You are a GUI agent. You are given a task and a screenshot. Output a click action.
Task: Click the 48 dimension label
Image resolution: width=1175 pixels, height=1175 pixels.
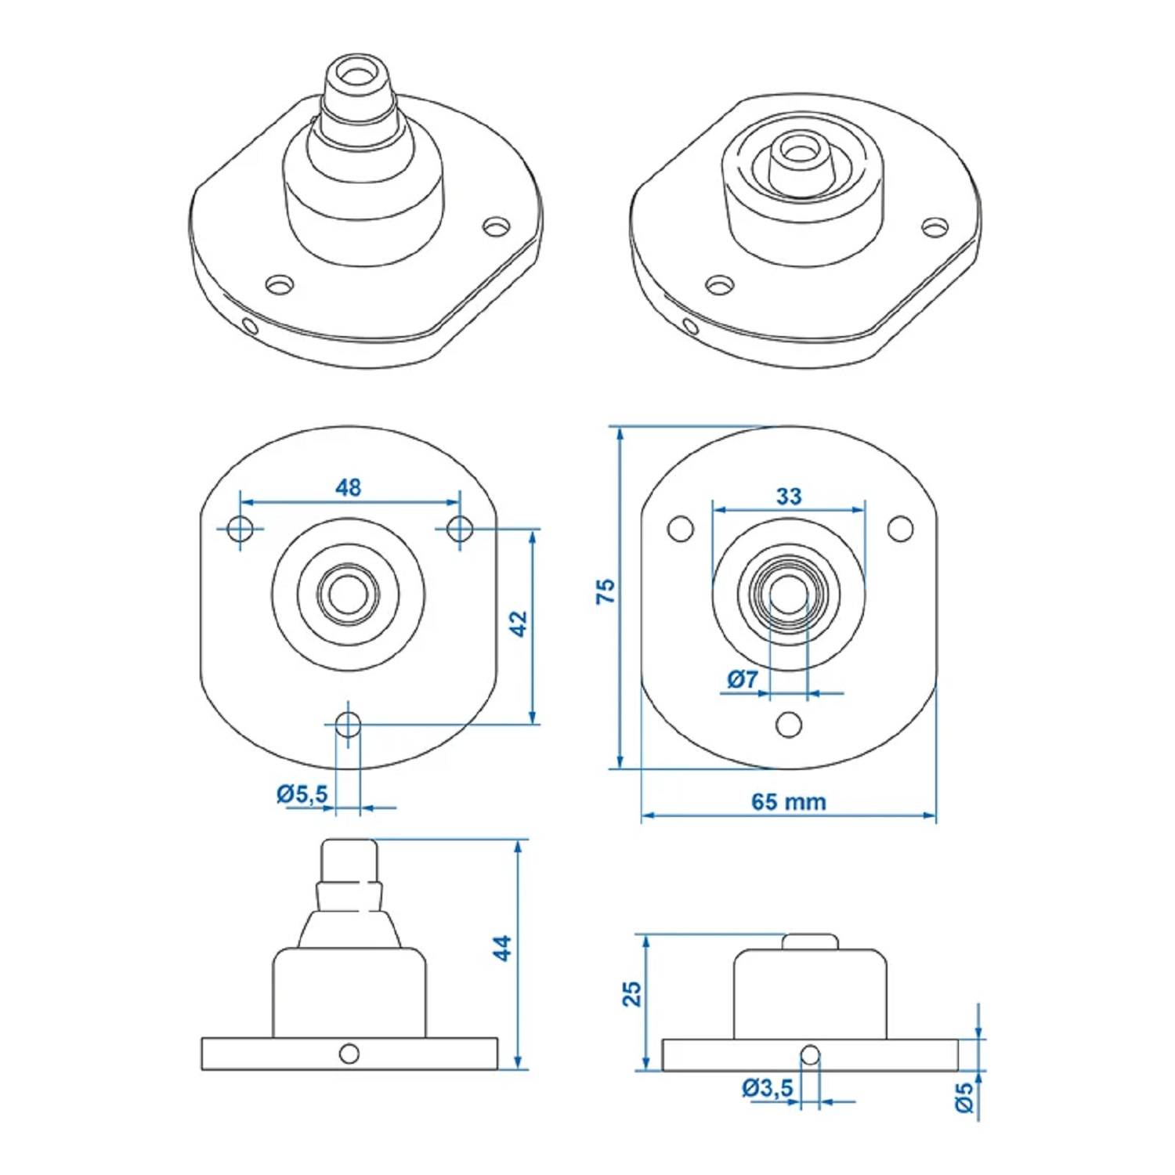[349, 487]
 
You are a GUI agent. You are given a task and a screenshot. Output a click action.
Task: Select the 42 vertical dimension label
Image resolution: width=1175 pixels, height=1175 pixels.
[518, 624]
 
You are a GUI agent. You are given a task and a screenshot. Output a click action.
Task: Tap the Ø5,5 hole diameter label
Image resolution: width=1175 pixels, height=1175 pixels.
[302, 794]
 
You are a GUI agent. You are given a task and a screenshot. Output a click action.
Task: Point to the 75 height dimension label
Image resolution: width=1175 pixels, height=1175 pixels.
[606, 591]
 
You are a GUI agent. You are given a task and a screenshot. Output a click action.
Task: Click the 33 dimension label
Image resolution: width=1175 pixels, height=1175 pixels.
[789, 496]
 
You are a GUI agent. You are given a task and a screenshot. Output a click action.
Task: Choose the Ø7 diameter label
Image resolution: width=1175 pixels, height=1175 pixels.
[742, 679]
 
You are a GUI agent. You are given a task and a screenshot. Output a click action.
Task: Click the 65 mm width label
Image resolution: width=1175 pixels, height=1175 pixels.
[788, 801]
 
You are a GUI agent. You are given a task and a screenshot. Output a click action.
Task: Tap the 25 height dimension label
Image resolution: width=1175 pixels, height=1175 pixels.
[631, 994]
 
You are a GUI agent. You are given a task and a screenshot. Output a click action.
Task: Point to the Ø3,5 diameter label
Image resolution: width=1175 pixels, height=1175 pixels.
[768, 1087]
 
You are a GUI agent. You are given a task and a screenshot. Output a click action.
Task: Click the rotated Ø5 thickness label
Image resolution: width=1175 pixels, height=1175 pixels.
[965, 1097]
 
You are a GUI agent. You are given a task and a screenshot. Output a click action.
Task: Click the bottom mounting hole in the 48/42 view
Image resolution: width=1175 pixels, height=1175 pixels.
[348, 725]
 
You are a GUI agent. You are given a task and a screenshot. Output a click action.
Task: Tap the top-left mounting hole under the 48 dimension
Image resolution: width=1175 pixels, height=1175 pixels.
[240, 529]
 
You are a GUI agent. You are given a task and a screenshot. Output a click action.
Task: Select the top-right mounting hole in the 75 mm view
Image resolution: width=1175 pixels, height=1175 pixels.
[900, 529]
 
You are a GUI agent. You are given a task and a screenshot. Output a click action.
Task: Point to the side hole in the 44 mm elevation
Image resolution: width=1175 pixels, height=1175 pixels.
[349, 1054]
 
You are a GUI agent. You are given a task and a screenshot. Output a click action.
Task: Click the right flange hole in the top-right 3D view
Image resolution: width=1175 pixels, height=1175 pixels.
[933, 227]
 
